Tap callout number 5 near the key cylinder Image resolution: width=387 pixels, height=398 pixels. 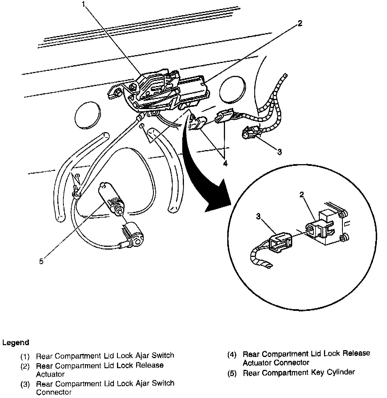[x=42, y=261]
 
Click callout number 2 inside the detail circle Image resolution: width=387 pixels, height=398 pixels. [x=302, y=195]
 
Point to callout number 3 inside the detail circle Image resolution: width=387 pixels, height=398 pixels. [x=259, y=216]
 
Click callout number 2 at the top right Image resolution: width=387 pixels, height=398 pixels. [x=300, y=23]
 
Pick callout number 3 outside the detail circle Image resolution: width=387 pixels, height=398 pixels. [x=279, y=152]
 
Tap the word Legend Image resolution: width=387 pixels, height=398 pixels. [x=16, y=343]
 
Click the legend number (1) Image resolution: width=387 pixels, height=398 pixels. [x=25, y=356]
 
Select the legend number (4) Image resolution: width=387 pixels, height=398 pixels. [x=232, y=355]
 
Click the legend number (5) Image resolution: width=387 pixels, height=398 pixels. [x=232, y=374]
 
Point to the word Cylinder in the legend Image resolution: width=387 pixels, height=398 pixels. [x=341, y=372]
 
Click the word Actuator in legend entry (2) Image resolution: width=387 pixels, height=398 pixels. [x=50, y=374]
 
